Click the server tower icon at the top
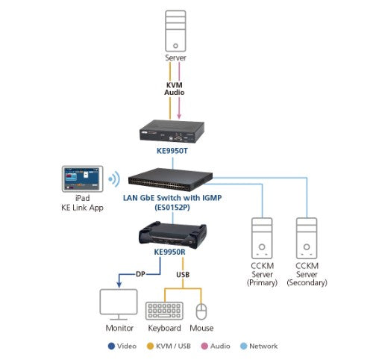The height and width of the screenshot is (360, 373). pos(176,28)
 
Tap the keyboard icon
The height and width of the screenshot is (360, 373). pos(164,310)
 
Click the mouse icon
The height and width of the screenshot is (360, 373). pos(201,310)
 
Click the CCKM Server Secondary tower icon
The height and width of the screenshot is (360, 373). pos(308,236)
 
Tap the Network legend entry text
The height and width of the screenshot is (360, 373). pos(263,346)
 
